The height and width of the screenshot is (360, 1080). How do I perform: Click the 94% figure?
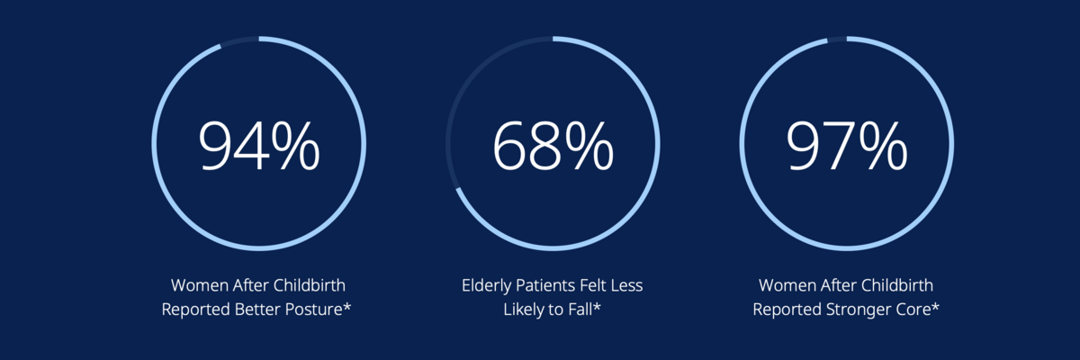259,146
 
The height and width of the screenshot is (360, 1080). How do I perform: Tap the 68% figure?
553,146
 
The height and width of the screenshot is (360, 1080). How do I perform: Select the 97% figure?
847,146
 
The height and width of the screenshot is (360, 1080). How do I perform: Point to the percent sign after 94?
295,146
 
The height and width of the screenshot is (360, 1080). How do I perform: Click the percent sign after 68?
589,146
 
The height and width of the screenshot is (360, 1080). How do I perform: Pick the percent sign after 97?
883,146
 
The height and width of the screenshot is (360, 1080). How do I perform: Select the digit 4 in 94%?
251,146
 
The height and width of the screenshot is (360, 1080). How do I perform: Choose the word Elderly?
486,286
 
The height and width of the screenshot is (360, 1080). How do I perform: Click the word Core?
914,310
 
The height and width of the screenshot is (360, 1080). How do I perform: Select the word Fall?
580,309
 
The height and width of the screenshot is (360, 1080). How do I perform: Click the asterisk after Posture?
346,306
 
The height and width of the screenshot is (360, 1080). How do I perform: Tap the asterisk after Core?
935,306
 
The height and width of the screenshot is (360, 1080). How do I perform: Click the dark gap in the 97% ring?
837,39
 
